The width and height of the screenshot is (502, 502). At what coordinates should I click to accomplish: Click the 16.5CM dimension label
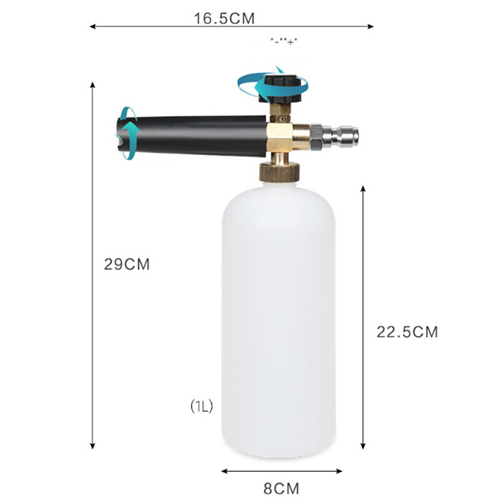(x=224, y=18)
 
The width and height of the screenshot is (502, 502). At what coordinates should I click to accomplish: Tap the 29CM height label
(x=127, y=264)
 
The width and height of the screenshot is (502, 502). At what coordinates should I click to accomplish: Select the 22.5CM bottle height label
(x=407, y=332)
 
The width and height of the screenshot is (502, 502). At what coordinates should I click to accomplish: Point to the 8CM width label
(x=281, y=489)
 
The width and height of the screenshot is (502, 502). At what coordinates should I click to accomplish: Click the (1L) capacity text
(x=201, y=407)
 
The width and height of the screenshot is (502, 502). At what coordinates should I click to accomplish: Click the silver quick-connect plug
(x=334, y=137)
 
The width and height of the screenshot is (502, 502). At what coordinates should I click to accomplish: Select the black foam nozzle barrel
(x=192, y=136)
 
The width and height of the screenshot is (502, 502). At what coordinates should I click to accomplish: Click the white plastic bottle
(x=279, y=320)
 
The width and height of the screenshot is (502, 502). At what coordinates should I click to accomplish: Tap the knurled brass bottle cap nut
(x=280, y=173)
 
